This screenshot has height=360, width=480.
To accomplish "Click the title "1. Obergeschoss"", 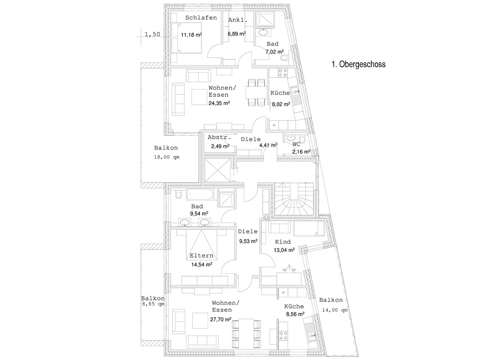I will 358,64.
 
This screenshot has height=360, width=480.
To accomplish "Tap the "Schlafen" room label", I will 201,18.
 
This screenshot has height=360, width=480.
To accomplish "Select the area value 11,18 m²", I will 192,35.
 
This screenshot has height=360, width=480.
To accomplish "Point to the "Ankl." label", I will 238,20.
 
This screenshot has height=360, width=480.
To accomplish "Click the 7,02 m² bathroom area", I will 274,52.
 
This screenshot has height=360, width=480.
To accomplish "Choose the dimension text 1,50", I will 152,34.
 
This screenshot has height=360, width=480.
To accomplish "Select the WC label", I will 296,144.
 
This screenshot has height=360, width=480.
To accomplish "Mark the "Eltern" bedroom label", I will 201,256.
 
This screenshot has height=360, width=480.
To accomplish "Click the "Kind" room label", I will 283,242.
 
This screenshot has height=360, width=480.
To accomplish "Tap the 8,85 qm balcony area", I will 153,304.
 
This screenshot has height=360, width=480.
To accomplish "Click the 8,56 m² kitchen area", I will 295,314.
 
